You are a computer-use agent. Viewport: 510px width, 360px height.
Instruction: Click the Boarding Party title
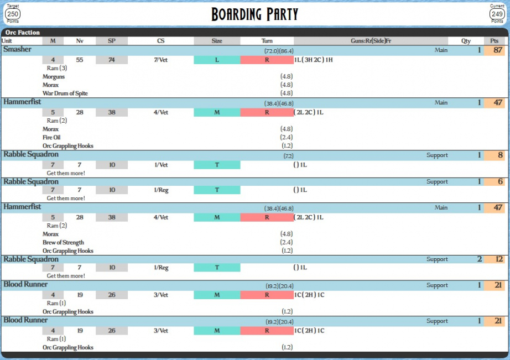[254, 14]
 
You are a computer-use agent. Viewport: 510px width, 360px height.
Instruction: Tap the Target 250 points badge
[13, 13]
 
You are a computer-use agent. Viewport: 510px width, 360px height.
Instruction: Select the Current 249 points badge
[497, 13]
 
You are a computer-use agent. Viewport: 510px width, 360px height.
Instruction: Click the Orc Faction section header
[23, 33]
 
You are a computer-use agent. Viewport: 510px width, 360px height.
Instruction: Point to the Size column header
[217, 41]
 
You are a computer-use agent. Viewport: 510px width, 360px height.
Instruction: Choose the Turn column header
[267, 41]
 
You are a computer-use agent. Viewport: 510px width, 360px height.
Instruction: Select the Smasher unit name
[17, 50]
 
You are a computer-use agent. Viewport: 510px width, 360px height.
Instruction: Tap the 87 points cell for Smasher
[496, 50]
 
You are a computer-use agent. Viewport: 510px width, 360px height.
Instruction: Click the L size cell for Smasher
[217, 60]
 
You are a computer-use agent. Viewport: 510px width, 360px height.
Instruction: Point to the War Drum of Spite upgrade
[65, 93]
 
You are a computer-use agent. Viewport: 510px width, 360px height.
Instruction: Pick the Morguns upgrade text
[54, 77]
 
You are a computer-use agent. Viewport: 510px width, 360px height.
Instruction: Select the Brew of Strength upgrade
[63, 243]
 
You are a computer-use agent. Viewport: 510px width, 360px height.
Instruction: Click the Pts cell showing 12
[496, 259]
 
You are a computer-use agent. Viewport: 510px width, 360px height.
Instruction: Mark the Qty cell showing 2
[479, 259]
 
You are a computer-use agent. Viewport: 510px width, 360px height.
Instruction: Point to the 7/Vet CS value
[160, 60]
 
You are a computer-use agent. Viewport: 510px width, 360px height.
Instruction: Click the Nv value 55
[80, 60]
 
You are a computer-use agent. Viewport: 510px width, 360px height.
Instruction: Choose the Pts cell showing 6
[496, 182]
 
